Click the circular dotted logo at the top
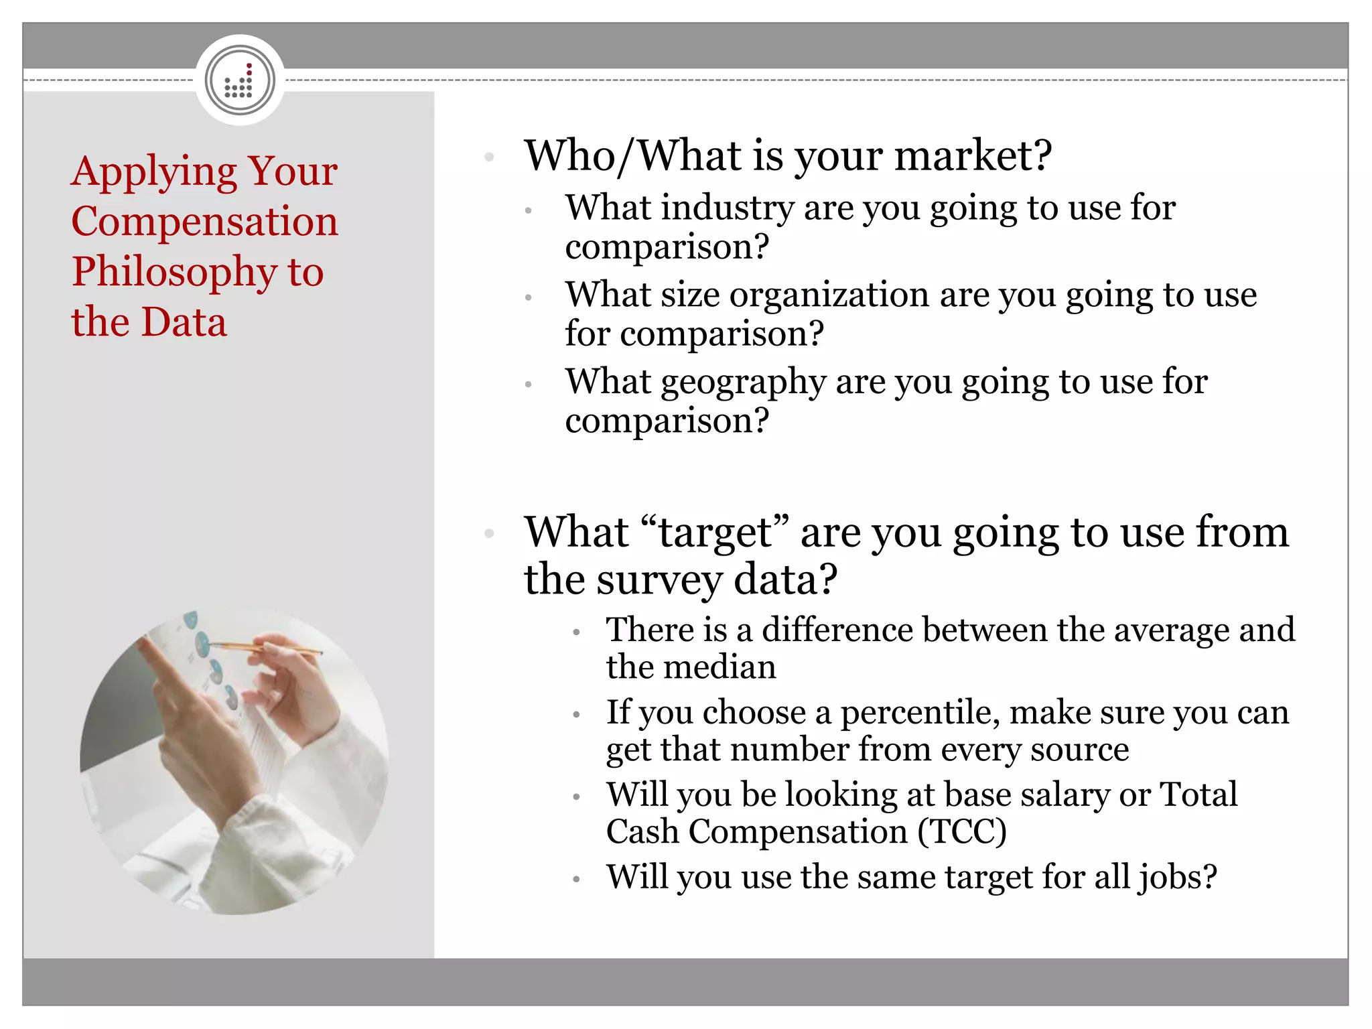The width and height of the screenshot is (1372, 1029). pyautogui.click(x=240, y=80)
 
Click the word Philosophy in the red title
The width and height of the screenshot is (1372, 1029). pyautogui.click(x=174, y=272)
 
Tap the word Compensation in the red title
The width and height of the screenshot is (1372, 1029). pyautogui.click(x=204, y=221)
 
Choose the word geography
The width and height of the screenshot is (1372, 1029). pyautogui.click(x=743, y=382)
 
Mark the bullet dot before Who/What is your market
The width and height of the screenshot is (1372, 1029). pyautogui.click(x=489, y=157)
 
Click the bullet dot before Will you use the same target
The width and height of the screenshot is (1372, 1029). pyautogui.click(x=576, y=879)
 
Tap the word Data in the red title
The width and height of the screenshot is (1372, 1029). pyautogui.click(x=184, y=322)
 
